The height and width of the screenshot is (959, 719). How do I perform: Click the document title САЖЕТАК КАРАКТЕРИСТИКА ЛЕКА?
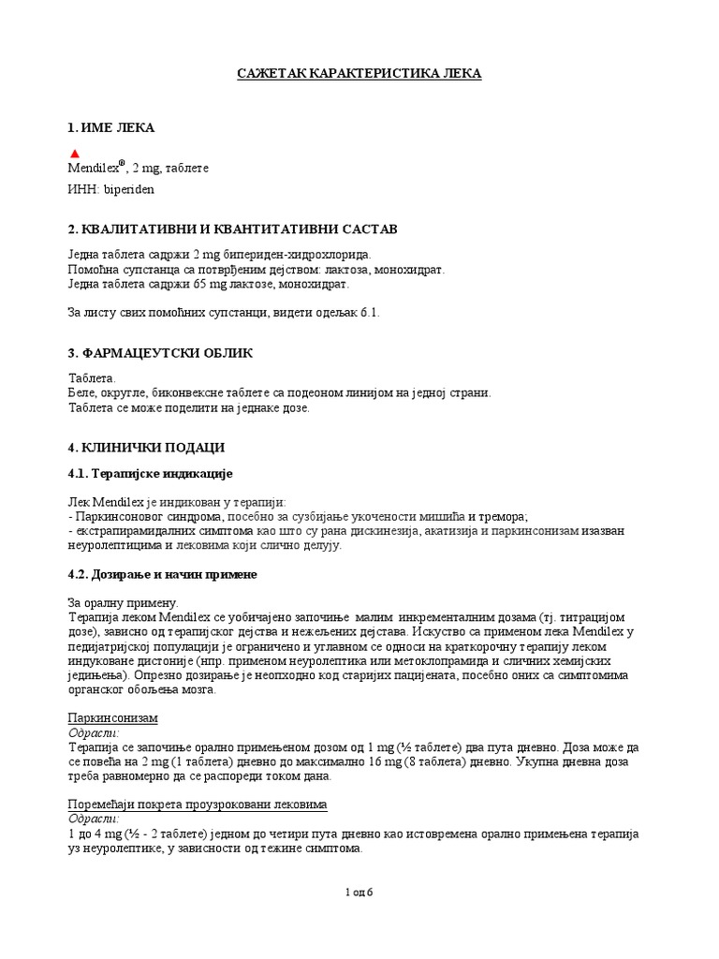[359, 73]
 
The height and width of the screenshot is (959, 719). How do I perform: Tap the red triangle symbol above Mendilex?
[75, 154]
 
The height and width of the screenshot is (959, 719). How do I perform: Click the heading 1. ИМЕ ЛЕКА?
[111, 127]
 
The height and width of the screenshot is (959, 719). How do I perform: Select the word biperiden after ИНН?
[129, 189]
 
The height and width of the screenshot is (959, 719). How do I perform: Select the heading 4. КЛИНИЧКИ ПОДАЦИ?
[146, 448]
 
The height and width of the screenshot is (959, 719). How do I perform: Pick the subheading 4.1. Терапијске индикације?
[150, 476]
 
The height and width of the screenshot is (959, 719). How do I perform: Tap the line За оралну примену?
[124, 602]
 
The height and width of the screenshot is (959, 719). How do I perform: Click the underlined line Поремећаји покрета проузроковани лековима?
[198, 805]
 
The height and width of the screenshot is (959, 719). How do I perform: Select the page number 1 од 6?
[359, 892]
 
